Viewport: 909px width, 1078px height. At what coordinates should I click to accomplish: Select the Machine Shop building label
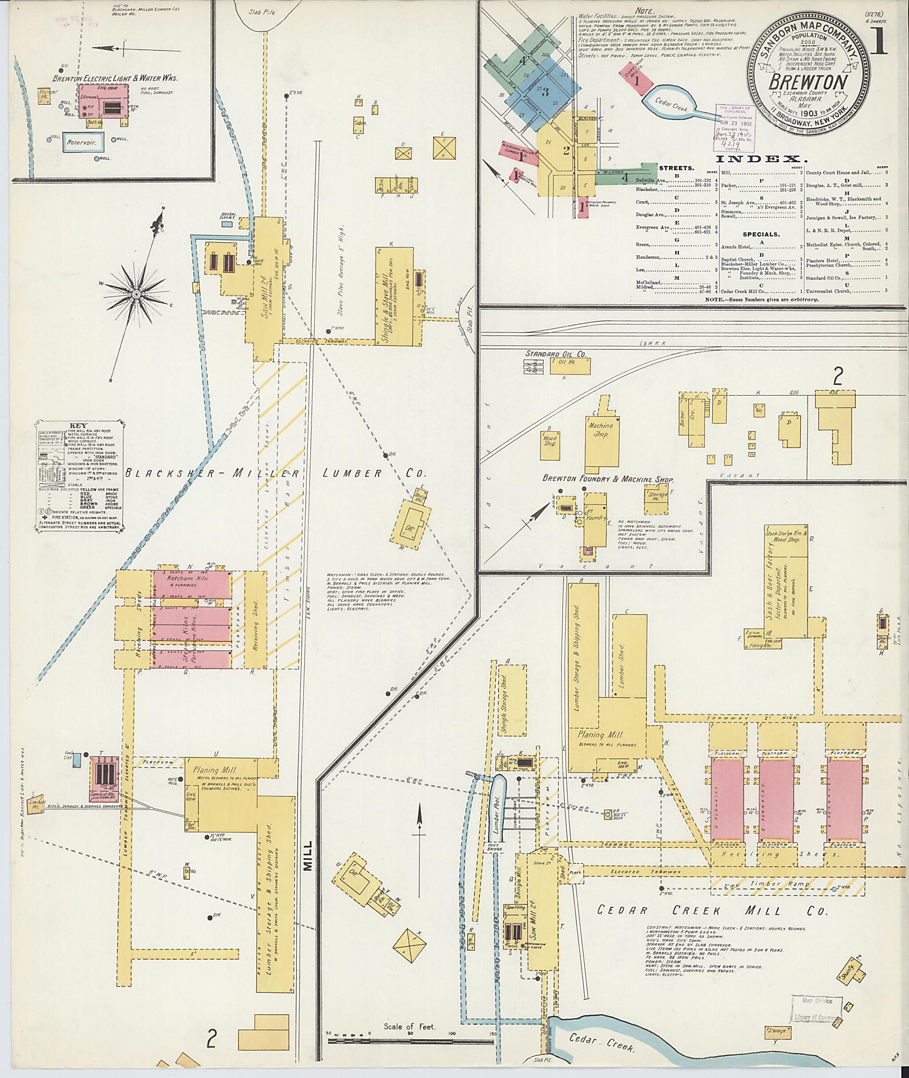coord(601,430)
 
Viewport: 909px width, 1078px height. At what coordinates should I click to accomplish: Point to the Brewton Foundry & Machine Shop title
coord(608,479)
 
